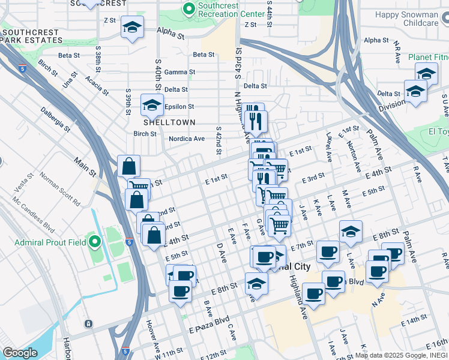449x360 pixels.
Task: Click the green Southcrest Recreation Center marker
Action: click(189, 10)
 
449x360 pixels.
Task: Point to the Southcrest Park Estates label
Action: click(31, 35)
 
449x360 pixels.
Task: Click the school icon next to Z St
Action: click(132, 26)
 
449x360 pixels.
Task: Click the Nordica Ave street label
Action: click(186, 139)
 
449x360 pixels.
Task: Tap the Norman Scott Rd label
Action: click(60, 190)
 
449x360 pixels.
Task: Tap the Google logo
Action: click(20, 353)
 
